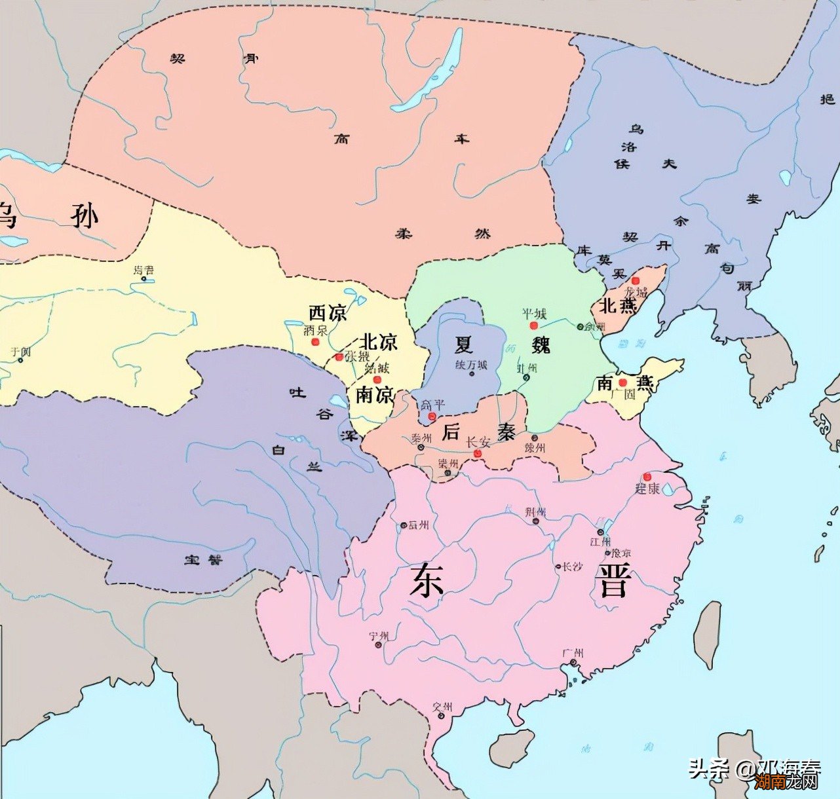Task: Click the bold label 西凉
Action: [x=328, y=313]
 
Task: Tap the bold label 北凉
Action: [x=379, y=342]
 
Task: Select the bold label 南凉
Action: [x=375, y=395]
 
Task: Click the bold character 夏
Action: [x=464, y=343]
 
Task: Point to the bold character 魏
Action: [x=541, y=343]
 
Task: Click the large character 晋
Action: [x=614, y=582]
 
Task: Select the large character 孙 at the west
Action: [x=85, y=215]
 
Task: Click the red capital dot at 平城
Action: [x=533, y=325]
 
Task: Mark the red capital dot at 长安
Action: [x=477, y=453]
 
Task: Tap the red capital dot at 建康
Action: [x=647, y=476]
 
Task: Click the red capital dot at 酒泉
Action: [x=315, y=342]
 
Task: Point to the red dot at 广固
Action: [x=623, y=382]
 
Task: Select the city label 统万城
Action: [x=472, y=365]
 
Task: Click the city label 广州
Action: [x=573, y=653]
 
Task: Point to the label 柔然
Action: [x=442, y=234]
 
